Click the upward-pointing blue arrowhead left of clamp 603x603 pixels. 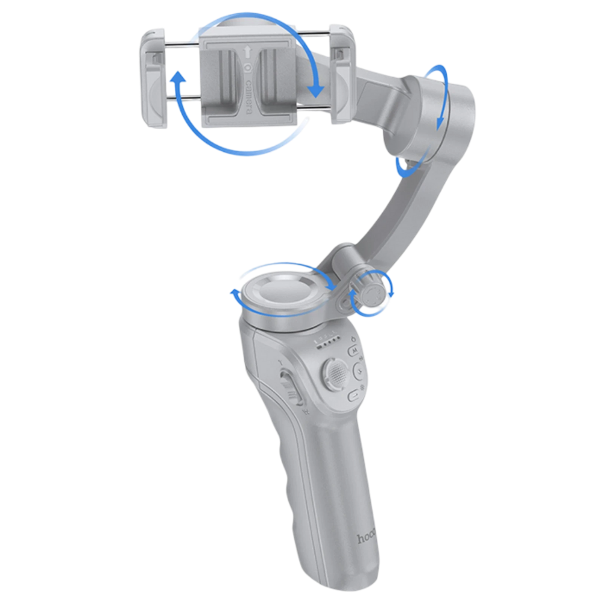(x=177, y=78)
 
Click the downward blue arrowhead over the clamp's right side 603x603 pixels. (x=315, y=90)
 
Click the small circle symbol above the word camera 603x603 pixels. (x=247, y=68)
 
